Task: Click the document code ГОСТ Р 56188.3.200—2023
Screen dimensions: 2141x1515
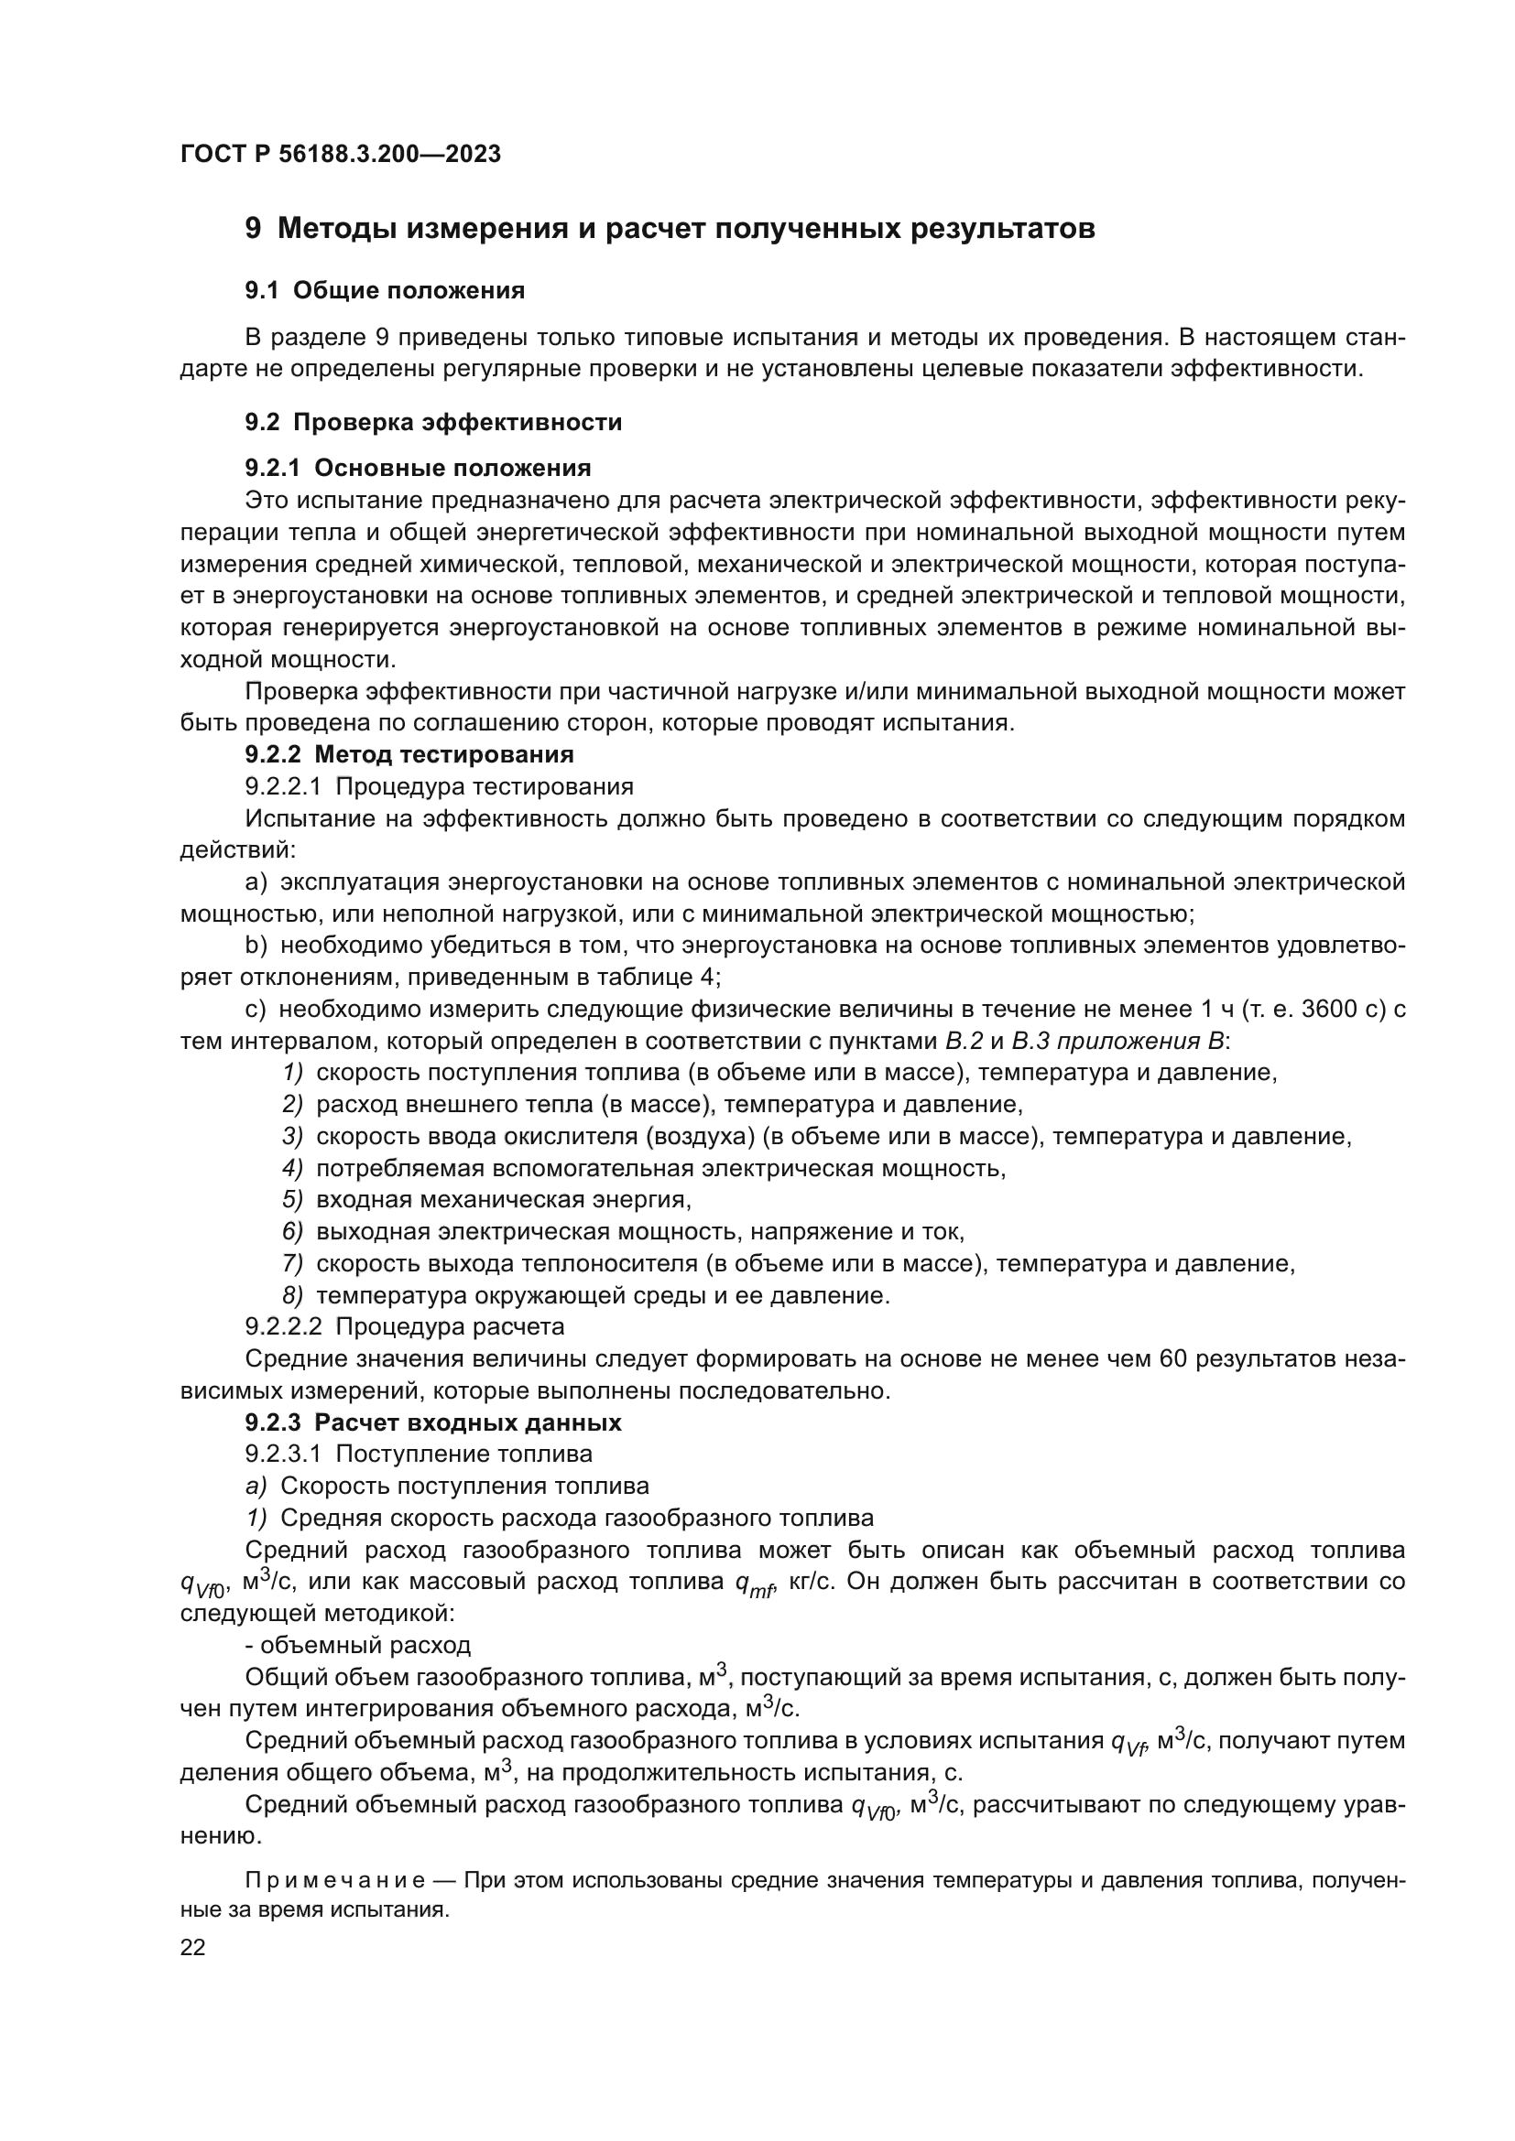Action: [x=341, y=155]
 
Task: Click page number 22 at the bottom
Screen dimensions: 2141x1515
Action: [x=192, y=1947]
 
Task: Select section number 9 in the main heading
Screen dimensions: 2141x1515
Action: [x=253, y=229]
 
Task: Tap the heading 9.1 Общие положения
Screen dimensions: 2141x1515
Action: [x=385, y=291]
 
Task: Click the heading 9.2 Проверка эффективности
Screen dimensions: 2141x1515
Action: [x=433, y=422]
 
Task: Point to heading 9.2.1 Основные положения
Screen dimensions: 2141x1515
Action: [x=418, y=468]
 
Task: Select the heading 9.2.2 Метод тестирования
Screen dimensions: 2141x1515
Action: [x=409, y=753]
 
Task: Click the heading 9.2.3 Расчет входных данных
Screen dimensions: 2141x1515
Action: [x=433, y=1423]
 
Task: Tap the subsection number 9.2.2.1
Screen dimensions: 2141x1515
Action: [x=283, y=786]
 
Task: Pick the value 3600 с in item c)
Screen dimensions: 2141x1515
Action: [x=1344, y=1009]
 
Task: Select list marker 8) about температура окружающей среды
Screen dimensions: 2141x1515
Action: [x=293, y=1295]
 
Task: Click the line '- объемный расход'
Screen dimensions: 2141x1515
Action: [x=357, y=1645]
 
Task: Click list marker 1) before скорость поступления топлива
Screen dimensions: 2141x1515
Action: [x=293, y=1073]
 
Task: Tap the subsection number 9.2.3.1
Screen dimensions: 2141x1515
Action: [x=283, y=1454]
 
